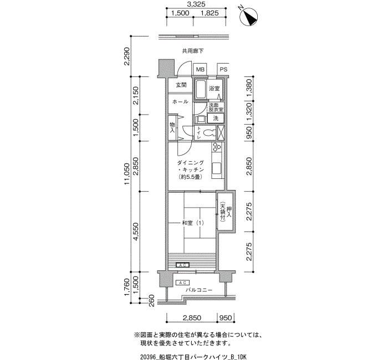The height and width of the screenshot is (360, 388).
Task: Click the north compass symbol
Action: point(249,17)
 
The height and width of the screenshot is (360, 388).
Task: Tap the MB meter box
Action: point(200,69)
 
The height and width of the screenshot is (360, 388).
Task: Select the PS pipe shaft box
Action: point(223,69)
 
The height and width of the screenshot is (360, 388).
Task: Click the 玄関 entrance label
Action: point(181,85)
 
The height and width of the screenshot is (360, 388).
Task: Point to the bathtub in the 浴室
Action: point(201,89)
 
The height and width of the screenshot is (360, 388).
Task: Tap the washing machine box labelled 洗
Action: point(216,118)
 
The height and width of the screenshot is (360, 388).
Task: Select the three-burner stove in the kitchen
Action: point(217,147)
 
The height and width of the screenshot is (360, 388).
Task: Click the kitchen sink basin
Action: point(217,168)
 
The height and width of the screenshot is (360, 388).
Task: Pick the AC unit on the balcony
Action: point(182,282)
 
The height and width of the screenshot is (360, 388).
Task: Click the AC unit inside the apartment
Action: point(182,265)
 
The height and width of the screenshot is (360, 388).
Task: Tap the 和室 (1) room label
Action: point(193,223)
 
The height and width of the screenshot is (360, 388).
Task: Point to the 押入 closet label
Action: point(228,212)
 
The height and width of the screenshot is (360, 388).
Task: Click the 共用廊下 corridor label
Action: point(193,51)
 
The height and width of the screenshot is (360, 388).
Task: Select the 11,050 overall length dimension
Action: point(127,174)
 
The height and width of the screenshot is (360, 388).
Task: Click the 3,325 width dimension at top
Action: point(196,4)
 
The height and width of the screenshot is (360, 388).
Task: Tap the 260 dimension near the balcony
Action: point(152,301)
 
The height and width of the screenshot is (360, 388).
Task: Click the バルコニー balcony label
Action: point(199,290)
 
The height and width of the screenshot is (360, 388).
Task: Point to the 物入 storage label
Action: point(172,127)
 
